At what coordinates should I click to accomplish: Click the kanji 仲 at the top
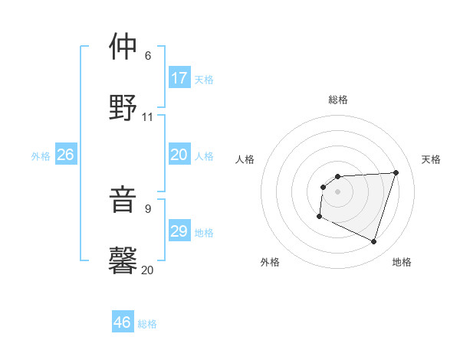pyautogui.click(x=123, y=47)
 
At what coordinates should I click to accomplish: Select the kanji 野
pyautogui.click(x=123, y=107)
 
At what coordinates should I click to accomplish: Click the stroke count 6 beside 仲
pyautogui.click(x=148, y=56)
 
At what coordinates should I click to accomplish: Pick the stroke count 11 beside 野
pyautogui.click(x=148, y=116)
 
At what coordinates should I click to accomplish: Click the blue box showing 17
pyautogui.click(x=179, y=78)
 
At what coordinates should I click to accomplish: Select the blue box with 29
pyautogui.click(x=179, y=231)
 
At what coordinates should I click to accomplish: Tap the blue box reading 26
pyautogui.click(x=65, y=155)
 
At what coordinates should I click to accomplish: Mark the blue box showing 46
pyautogui.click(x=123, y=322)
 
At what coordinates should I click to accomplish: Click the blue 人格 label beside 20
pyautogui.click(x=204, y=156)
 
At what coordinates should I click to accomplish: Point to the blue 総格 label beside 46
pyautogui.click(x=147, y=324)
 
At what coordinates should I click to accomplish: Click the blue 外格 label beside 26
pyautogui.click(x=41, y=156)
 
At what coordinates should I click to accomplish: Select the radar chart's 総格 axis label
pyautogui.click(x=338, y=100)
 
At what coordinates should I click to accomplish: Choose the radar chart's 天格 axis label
pyautogui.click(x=432, y=159)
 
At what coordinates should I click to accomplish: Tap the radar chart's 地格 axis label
pyautogui.click(x=402, y=262)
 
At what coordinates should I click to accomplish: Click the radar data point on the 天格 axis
pyautogui.click(x=396, y=172)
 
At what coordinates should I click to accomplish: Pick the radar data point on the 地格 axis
pyautogui.click(x=373, y=241)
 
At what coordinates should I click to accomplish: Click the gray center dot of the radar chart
pyautogui.click(x=338, y=191)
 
